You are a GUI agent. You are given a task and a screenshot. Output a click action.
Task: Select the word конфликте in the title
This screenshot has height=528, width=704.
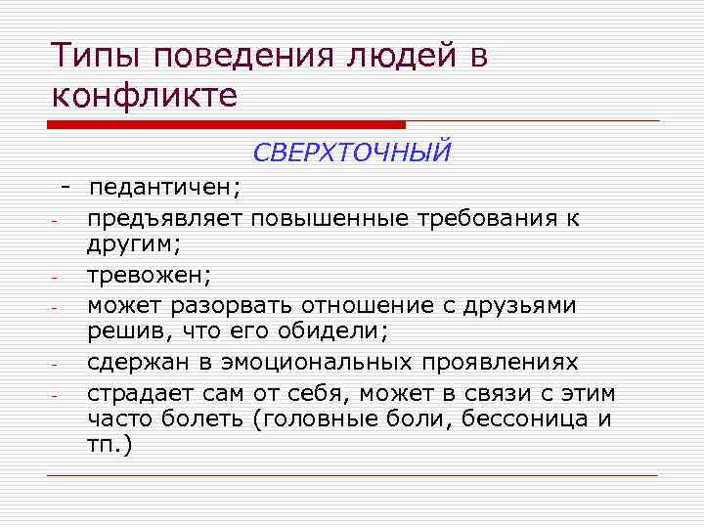click(145, 96)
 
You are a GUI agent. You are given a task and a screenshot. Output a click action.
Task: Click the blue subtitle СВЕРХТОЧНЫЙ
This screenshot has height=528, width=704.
click(352, 153)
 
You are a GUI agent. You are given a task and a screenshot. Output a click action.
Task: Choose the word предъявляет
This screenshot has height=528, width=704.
click(163, 217)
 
